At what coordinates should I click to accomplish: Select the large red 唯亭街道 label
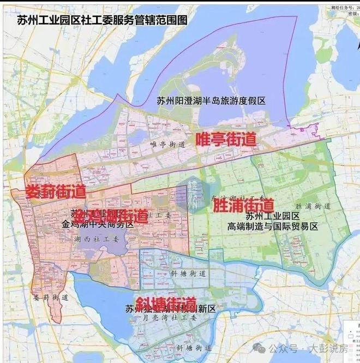tap(226, 137)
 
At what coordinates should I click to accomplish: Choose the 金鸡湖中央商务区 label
tap(98, 224)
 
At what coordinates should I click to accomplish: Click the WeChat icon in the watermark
tap(263, 348)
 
